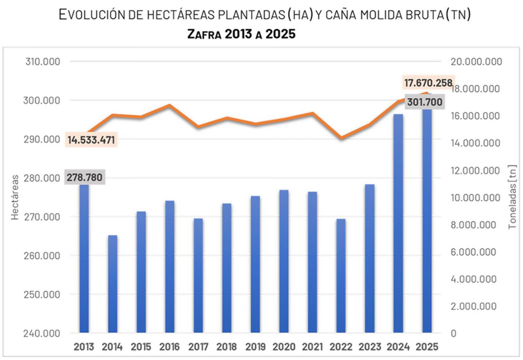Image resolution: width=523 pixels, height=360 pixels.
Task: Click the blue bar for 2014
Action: point(113,284)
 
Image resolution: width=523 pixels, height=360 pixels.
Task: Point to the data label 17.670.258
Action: point(428,83)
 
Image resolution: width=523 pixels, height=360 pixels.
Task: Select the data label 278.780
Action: point(84,178)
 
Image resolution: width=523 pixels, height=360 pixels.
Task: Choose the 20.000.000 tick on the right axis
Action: point(476,62)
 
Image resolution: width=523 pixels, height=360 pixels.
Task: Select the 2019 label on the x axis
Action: point(255,347)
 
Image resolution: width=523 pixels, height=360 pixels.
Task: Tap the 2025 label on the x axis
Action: point(427,347)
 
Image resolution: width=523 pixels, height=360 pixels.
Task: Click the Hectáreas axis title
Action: point(15,197)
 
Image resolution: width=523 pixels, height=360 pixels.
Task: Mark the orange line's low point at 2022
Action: point(341,138)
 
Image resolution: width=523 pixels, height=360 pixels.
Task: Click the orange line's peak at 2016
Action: point(169,105)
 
